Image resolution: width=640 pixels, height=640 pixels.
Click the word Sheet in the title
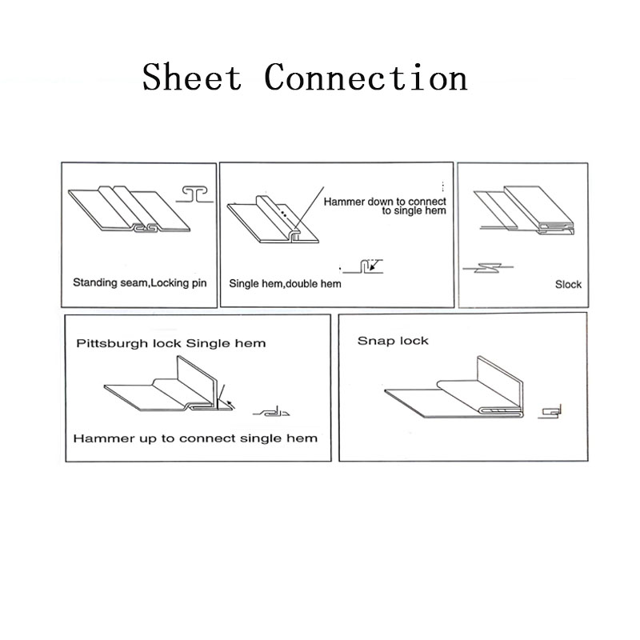point(192,77)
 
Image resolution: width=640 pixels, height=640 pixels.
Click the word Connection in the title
point(366,77)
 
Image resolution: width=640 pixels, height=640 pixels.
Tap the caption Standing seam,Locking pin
point(139,283)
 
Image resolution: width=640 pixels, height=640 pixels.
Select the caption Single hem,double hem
point(285,284)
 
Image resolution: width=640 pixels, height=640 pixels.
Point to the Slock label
point(568,285)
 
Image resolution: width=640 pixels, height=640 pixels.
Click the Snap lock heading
point(393,341)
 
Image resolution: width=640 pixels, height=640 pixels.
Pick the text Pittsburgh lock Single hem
point(171,343)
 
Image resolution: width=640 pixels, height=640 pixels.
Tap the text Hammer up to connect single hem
point(195,438)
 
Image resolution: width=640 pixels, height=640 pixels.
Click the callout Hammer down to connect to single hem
point(385,206)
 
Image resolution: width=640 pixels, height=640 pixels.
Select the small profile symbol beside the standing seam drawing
point(194,194)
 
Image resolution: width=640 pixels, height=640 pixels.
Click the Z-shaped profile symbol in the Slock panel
point(488,268)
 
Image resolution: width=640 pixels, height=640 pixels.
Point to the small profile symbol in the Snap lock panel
point(550,411)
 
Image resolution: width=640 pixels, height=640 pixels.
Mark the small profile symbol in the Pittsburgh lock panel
point(271,412)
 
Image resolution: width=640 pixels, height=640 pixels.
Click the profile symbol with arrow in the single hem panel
point(363,266)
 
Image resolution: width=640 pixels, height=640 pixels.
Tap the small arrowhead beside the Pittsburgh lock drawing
point(230,404)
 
